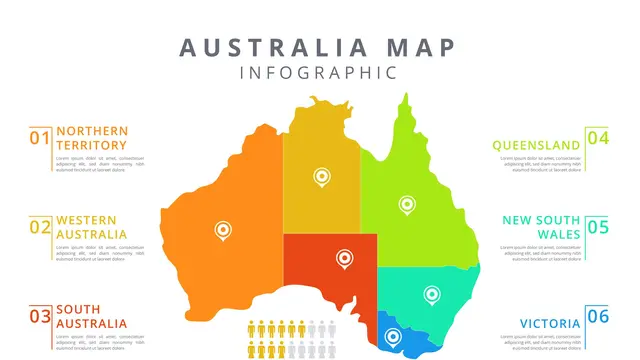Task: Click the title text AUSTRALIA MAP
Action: (318, 47)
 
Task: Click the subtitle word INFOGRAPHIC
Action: (318, 72)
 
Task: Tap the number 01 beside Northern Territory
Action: (40, 138)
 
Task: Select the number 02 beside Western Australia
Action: (40, 227)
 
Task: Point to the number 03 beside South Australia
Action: (40, 317)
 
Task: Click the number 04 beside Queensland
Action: (597, 138)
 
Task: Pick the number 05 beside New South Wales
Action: (597, 227)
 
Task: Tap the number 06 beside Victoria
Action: (597, 317)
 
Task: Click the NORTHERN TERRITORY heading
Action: (92, 138)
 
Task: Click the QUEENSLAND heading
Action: (536, 144)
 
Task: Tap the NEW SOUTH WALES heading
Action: (541, 227)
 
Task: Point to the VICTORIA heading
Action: (549, 323)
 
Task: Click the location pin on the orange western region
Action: (223, 231)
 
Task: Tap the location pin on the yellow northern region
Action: (321, 177)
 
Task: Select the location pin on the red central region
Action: (344, 258)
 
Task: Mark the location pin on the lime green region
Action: (405, 203)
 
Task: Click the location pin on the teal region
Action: (431, 294)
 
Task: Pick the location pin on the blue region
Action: (393, 338)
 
